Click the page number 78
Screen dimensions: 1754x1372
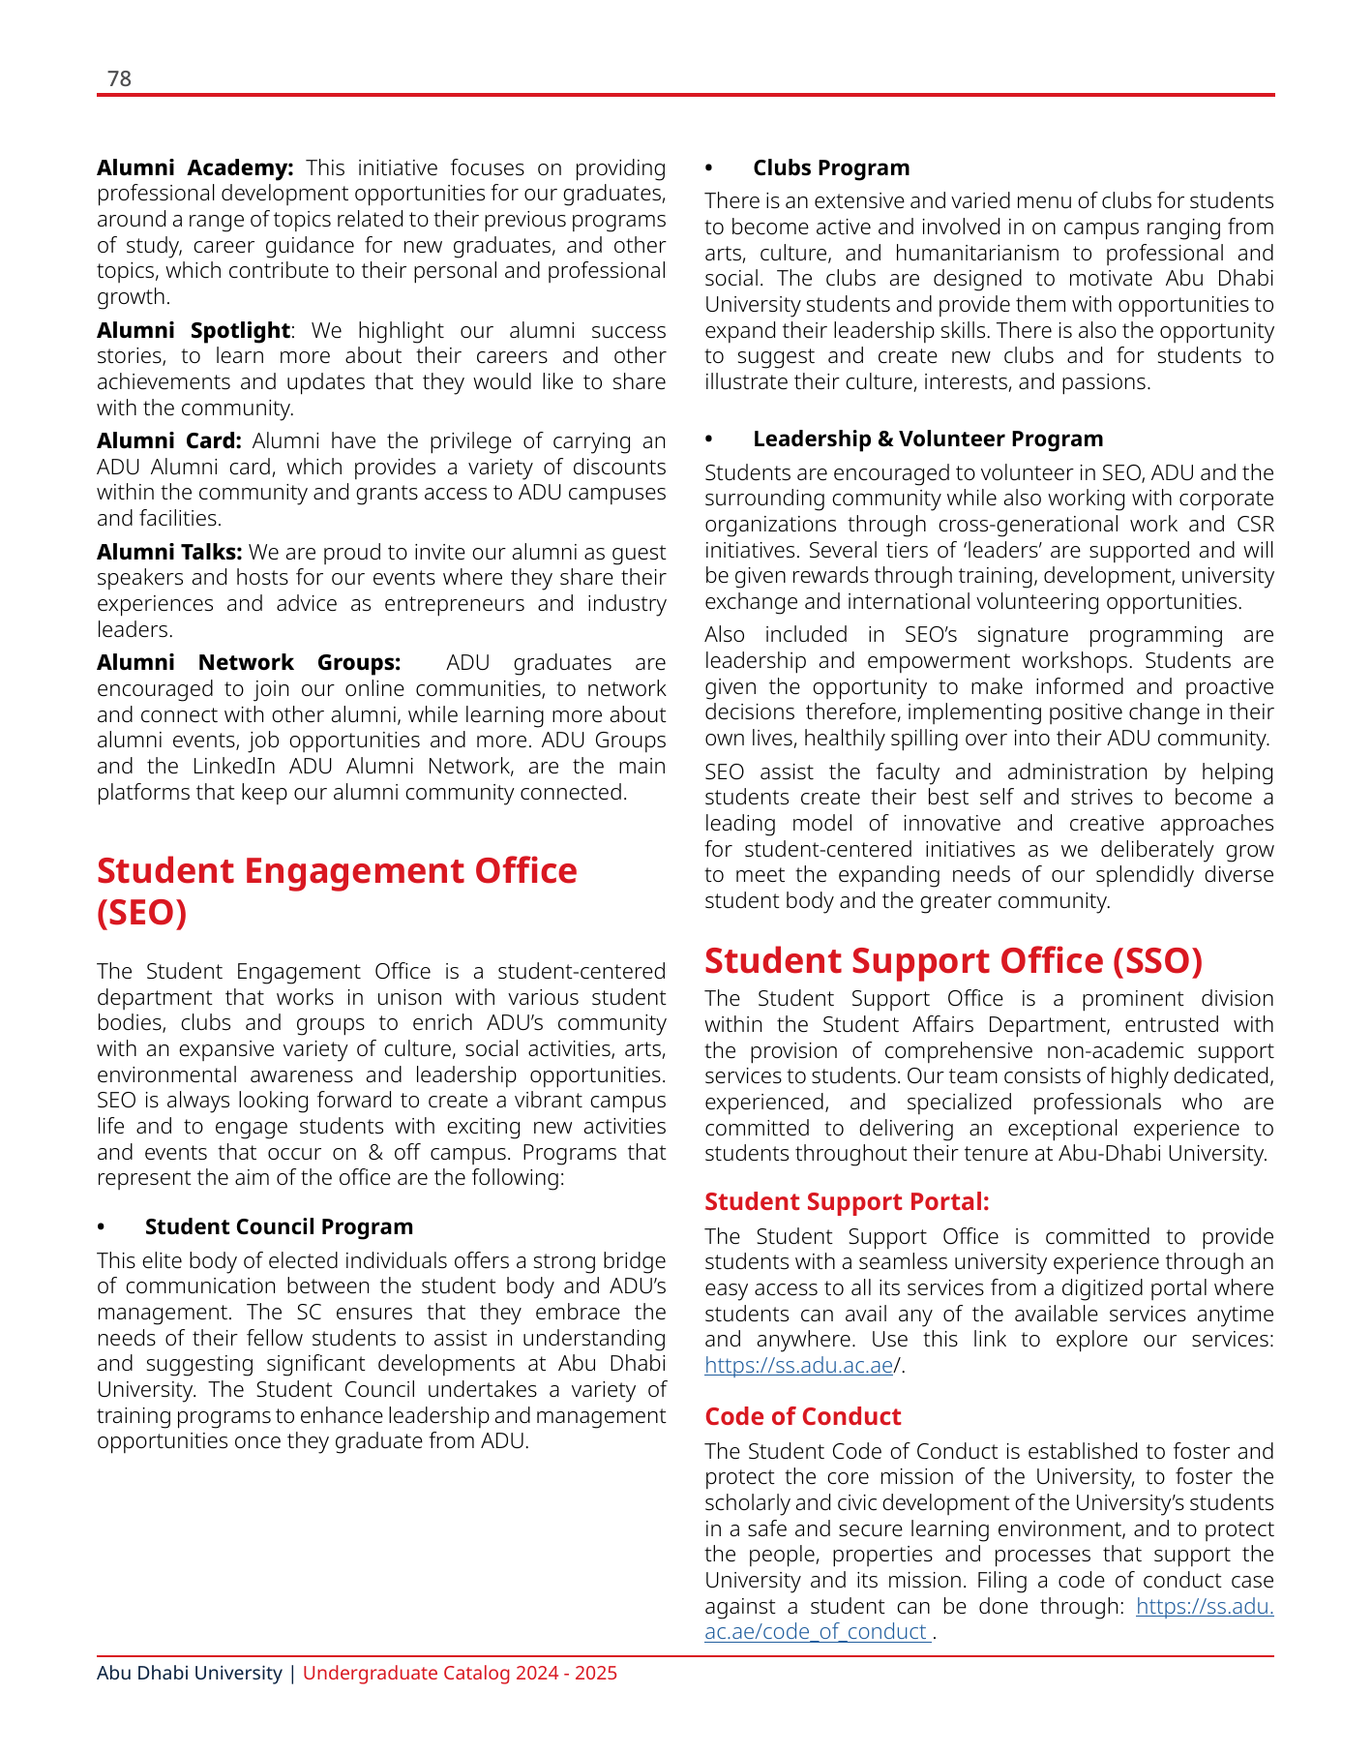pos(119,78)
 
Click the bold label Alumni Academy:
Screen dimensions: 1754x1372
pos(194,168)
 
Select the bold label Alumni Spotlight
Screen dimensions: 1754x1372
pos(193,331)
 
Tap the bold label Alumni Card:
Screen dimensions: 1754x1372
pos(168,441)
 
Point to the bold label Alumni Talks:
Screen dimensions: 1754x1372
pos(168,553)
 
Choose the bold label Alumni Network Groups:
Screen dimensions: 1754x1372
pos(248,663)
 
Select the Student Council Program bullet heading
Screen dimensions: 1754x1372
pos(279,1227)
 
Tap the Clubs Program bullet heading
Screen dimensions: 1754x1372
pos(830,168)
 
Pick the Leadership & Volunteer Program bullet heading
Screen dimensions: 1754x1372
pos(927,439)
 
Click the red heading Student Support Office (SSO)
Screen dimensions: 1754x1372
pos(953,961)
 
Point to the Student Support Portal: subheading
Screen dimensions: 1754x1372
pos(847,1202)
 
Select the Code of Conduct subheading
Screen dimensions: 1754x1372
pos(802,1417)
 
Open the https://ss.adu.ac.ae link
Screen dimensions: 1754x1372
pos(798,1366)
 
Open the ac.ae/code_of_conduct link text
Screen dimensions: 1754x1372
pos(817,1632)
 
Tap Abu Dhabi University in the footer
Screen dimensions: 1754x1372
pos(189,1674)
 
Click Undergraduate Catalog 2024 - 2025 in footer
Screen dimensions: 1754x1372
pos(460,1674)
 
